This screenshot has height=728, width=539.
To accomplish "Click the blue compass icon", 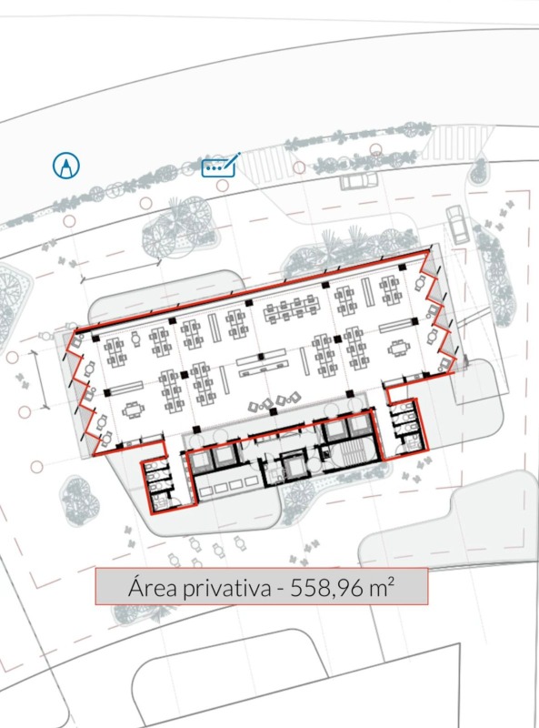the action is pos(65,166).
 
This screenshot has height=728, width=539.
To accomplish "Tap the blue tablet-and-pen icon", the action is pos(220,166).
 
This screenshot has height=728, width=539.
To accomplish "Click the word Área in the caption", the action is pos(152,587).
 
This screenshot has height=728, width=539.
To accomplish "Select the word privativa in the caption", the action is pos(226,589).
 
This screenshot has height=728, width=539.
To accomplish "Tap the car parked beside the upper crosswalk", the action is pos(358,180).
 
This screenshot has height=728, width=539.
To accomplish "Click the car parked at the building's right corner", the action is pos(457,225).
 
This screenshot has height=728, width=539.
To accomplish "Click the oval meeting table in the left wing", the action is pos(133,410).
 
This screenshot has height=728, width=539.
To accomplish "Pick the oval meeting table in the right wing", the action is pos(398,348).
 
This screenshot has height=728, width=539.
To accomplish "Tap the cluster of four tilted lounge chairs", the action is pos(274,402).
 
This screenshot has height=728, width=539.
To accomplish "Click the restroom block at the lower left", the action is pos(159,485).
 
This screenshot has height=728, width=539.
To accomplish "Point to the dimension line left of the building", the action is pos(39,379).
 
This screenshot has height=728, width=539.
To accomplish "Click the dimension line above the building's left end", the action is pos(121,270).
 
